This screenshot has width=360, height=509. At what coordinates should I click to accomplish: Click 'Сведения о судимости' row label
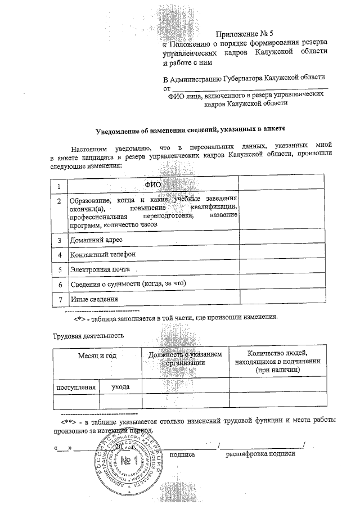pyautogui.click(x=127, y=284)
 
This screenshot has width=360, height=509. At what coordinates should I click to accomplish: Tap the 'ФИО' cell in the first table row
pyautogui.click(x=152, y=184)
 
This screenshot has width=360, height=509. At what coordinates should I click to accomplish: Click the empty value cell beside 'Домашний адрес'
pyautogui.click(x=282, y=240)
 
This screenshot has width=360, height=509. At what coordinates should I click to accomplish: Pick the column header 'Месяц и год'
pyautogui.click(x=97, y=356)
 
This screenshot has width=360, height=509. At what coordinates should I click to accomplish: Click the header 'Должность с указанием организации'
pyautogui.click(x=185, y=358)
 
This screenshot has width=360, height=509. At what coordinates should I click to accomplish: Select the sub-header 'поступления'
pyautogui.click(x=76, y=388)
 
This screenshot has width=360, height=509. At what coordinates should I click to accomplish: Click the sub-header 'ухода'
pyautogui.click(x=120, y=388)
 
